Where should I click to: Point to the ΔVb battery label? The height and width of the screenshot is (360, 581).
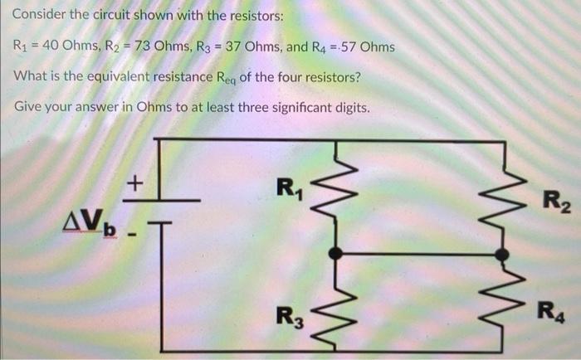pyautogui.click(x=91, y=223)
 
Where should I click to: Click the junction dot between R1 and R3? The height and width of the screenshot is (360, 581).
pyautogui.click(x=335, y=251)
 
